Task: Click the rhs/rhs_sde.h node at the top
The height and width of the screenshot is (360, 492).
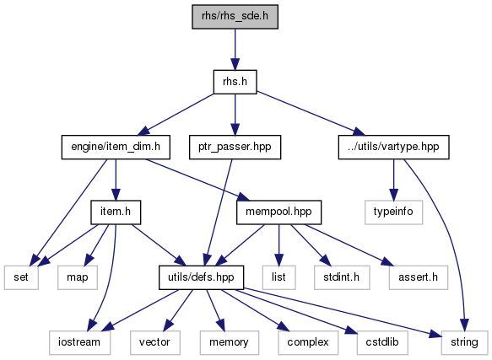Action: (235, 17)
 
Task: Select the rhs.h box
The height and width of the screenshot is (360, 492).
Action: (235, 82)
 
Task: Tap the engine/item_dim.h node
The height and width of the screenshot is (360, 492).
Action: (116, 147)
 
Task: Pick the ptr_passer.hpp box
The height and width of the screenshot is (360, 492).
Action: (235, 147)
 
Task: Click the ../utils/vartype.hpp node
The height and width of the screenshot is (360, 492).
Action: (394, 147)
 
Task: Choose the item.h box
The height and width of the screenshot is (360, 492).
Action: (116, 212)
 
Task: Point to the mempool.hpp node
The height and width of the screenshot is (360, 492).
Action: (279, 212)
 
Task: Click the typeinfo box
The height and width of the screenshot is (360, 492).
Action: (394, 212)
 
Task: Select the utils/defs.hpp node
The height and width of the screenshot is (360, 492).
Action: (201, 277)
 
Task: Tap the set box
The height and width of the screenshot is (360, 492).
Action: (21, 277)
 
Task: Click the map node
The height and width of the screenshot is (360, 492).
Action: (78, 277)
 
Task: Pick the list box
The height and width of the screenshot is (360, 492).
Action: (279, 277)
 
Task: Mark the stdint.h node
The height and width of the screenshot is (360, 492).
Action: (342, 277)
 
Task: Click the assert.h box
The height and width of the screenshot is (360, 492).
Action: (419, 277)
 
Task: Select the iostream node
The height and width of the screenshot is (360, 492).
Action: (79, 342)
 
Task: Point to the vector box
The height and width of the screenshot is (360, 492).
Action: (155, 342)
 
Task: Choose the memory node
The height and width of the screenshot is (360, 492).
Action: (230, 342)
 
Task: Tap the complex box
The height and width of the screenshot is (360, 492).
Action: (308, 342)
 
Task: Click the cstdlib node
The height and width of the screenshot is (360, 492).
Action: (382, 342)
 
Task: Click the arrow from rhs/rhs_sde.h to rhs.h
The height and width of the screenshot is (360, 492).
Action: (235, 49)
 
